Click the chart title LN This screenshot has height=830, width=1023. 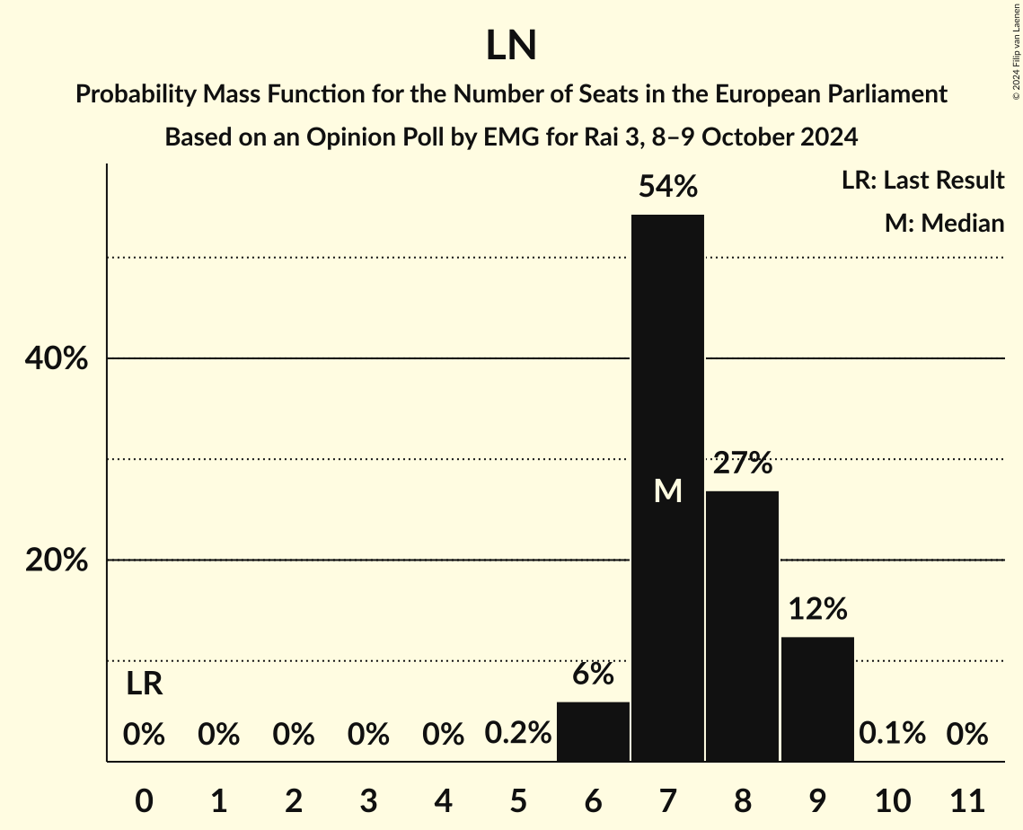511,46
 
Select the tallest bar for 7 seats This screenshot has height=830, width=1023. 667,359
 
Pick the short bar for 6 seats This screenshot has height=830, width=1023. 593,731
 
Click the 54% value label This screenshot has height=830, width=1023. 667,187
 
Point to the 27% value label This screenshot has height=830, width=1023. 742,464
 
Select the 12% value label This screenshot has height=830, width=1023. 817,610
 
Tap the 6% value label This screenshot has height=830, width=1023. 593,674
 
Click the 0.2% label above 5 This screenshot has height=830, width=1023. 518,734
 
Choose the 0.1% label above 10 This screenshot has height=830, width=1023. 892,734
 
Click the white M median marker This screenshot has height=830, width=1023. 667,490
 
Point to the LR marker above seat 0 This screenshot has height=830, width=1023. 144,684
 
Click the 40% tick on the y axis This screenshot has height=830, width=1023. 55,359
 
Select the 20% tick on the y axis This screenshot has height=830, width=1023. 55,561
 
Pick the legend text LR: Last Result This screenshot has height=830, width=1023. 922,181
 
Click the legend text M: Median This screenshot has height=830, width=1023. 944,223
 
